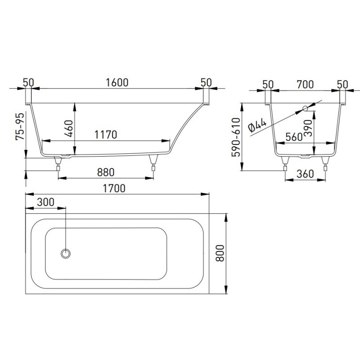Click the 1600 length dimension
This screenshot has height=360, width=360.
117,83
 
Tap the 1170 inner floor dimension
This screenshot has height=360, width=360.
106,135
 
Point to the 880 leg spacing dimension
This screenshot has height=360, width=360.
106,172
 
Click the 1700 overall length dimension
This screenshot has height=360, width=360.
114,189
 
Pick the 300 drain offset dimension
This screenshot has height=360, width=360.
46,202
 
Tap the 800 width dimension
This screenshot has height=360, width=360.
220,253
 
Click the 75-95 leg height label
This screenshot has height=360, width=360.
20,126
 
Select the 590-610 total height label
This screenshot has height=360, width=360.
236,137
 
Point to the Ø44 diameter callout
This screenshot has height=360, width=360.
257,126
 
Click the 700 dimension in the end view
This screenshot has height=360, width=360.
305,85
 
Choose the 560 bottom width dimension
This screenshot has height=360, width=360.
294,137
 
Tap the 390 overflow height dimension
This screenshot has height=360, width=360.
309,128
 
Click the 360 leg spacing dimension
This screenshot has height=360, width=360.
305,174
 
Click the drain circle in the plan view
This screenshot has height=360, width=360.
66,254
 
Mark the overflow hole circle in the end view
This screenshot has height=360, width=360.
306,108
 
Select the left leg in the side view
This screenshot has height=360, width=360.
58,163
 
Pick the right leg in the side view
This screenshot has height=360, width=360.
153,162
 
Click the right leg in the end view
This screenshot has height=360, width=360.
325,163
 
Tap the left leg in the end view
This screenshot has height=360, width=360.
285,163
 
